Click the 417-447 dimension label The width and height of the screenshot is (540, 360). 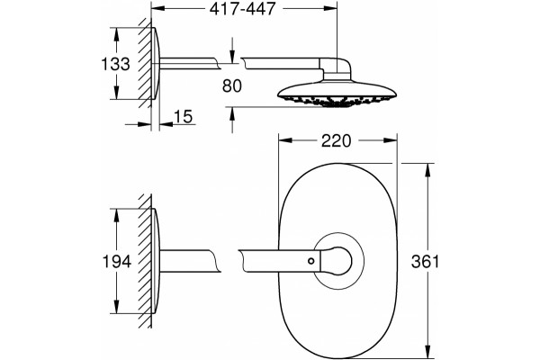click(243, 9)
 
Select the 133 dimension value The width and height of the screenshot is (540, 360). click(116, 64)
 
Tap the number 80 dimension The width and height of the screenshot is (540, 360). click(232, 85)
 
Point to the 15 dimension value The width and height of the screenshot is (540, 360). click(183, 116)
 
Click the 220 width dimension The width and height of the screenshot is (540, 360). click(336, 141)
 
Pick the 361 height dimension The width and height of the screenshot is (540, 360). click(426, 262)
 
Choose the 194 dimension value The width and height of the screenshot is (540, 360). click(117, 262)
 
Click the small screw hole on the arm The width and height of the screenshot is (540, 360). click(311, 261)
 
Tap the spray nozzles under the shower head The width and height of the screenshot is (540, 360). click(337, 101)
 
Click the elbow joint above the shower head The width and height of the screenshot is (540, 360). click(337, 69)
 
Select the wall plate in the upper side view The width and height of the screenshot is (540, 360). click(156, 64)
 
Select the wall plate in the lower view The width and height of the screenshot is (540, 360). click(156, 261)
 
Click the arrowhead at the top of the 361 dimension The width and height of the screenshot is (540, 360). click(427, 170)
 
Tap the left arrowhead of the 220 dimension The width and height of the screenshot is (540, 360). click(285, 140)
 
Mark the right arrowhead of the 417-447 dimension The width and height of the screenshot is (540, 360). click(329, 8)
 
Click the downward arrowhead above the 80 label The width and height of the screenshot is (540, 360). click(232, 57)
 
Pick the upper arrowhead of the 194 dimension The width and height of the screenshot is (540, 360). click(116, 215)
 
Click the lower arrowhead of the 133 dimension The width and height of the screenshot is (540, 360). click(116, 93)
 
